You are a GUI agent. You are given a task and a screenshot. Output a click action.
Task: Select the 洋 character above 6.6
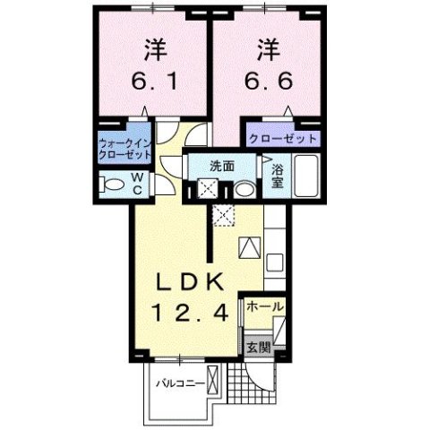267,46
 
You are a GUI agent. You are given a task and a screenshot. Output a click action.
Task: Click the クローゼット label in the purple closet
283,139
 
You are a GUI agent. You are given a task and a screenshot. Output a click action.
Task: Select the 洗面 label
222,166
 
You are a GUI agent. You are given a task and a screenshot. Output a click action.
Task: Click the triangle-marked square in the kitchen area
249,245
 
